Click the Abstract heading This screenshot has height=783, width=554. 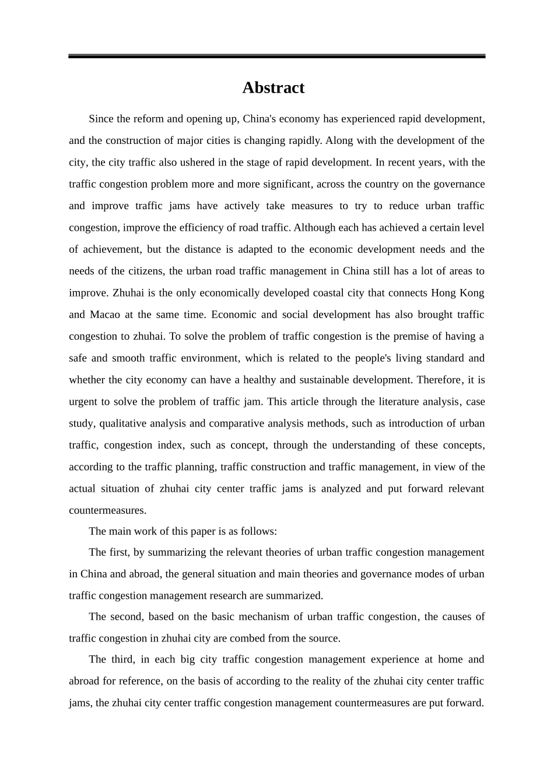coord(273,87)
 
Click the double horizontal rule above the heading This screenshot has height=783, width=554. coord(276,56)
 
